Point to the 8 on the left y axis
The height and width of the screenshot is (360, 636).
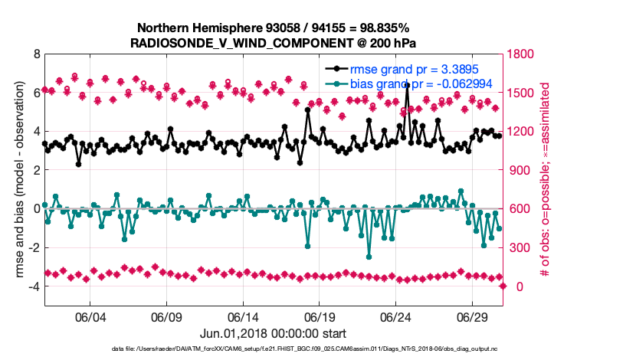36,54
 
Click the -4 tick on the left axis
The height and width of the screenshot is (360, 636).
34,286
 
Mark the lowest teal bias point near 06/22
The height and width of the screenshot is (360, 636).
369,257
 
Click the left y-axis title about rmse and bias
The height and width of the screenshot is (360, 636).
17,181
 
